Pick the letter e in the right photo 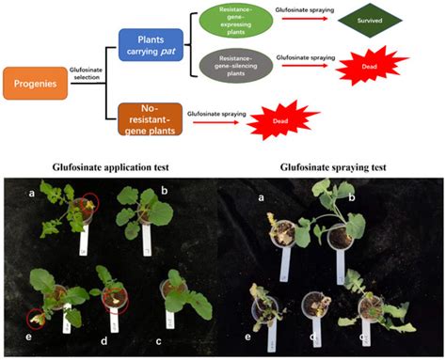click(x=249, y=334)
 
